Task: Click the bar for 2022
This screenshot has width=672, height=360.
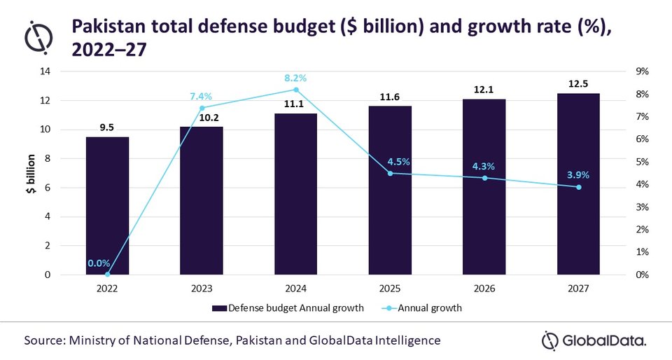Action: point(107,206)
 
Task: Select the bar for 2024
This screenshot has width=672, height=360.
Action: point(296,194)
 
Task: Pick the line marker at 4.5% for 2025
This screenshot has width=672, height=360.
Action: point(390,173)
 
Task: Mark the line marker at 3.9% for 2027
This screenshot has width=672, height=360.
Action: point(578,187)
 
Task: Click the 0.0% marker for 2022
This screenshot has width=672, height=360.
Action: point(107,275)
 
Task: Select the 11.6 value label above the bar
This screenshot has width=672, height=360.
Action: point(390,96)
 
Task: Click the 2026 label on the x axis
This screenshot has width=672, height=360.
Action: point(484,288)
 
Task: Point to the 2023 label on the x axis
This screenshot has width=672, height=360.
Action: point(202,288)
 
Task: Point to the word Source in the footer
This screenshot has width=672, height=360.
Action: point(47,341)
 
